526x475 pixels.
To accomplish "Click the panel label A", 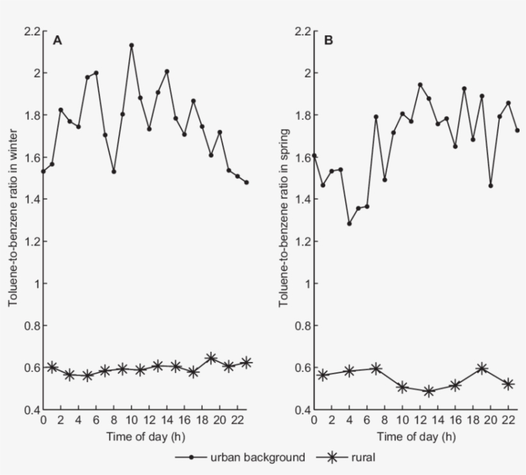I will [x=57, y=41].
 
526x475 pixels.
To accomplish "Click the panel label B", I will [x=328, y=41].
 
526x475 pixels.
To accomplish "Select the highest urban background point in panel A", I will [x=131, y=46].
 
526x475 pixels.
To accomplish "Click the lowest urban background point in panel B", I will [x=350, y=224].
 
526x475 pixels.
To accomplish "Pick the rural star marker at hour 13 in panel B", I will [x=429, y=391].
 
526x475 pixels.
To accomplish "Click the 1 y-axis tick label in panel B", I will [x=307, y=283].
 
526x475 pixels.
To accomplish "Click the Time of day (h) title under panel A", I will [x=145, y=437].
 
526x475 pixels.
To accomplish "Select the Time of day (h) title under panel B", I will [x=416, y=437].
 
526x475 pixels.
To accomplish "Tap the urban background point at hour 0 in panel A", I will [x=44, y=171].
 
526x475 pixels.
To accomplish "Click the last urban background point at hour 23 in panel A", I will [x=246, y=183].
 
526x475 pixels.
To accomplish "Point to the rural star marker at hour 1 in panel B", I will [x=323, y=375].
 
